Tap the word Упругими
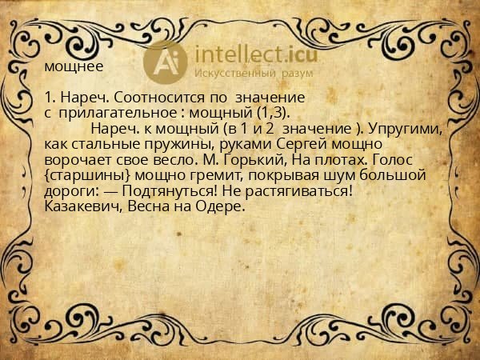(410, 129)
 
